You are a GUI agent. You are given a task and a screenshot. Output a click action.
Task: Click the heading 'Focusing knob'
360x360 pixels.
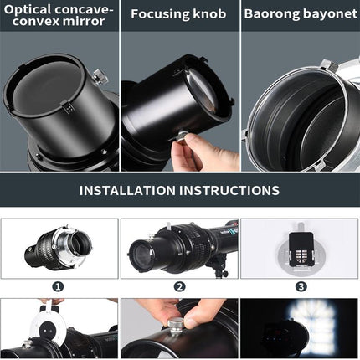(x=179, y=14)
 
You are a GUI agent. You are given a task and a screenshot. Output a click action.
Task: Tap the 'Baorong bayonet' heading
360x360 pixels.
(x=300, y=14)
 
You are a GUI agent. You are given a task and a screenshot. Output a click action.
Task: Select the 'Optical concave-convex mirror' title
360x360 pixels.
(x=59, y=14)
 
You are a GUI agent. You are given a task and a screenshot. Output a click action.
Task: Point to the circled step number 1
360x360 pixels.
(x=59, y=286)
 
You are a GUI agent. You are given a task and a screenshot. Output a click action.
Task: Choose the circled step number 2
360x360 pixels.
(x=179, y=286)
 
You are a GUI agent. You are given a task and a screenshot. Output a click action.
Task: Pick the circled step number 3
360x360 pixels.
(x=300, y=286)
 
